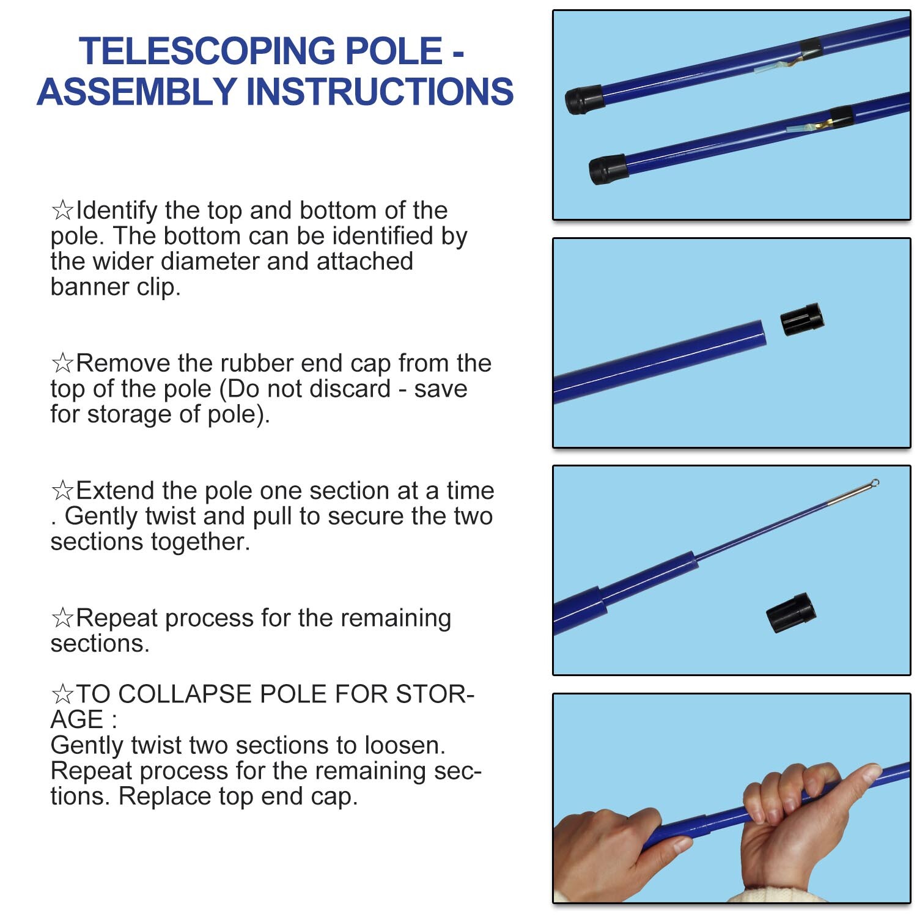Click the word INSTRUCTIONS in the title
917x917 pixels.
(x=379, y=92)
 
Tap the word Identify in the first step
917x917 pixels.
(x=116, y=210)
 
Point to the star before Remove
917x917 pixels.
(x=62, y=364)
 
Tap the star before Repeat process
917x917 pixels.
(x=62, y=618)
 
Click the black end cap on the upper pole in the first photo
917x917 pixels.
(x=584, y=100)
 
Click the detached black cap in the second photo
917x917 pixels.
(x=802, y=319)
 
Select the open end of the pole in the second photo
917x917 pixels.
(x=760, y=334)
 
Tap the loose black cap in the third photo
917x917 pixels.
(x=791, y=613)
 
